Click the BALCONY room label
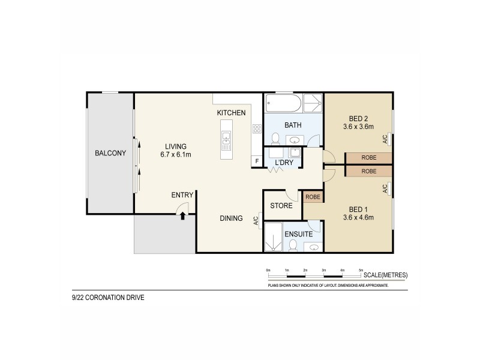click(110, 153)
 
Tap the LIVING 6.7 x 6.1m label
click(176, 150)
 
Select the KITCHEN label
click(231, 113)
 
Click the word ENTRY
click(182, 194)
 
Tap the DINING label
click(231, 218)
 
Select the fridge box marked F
click(257, 161)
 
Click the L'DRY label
click(283, 163)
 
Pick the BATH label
click(293, 125)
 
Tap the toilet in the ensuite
click(293, 245)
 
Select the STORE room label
click(281, 205)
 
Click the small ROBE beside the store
click(313, 196)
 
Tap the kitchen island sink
click(226, 142)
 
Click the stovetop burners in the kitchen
click(256, 128)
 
